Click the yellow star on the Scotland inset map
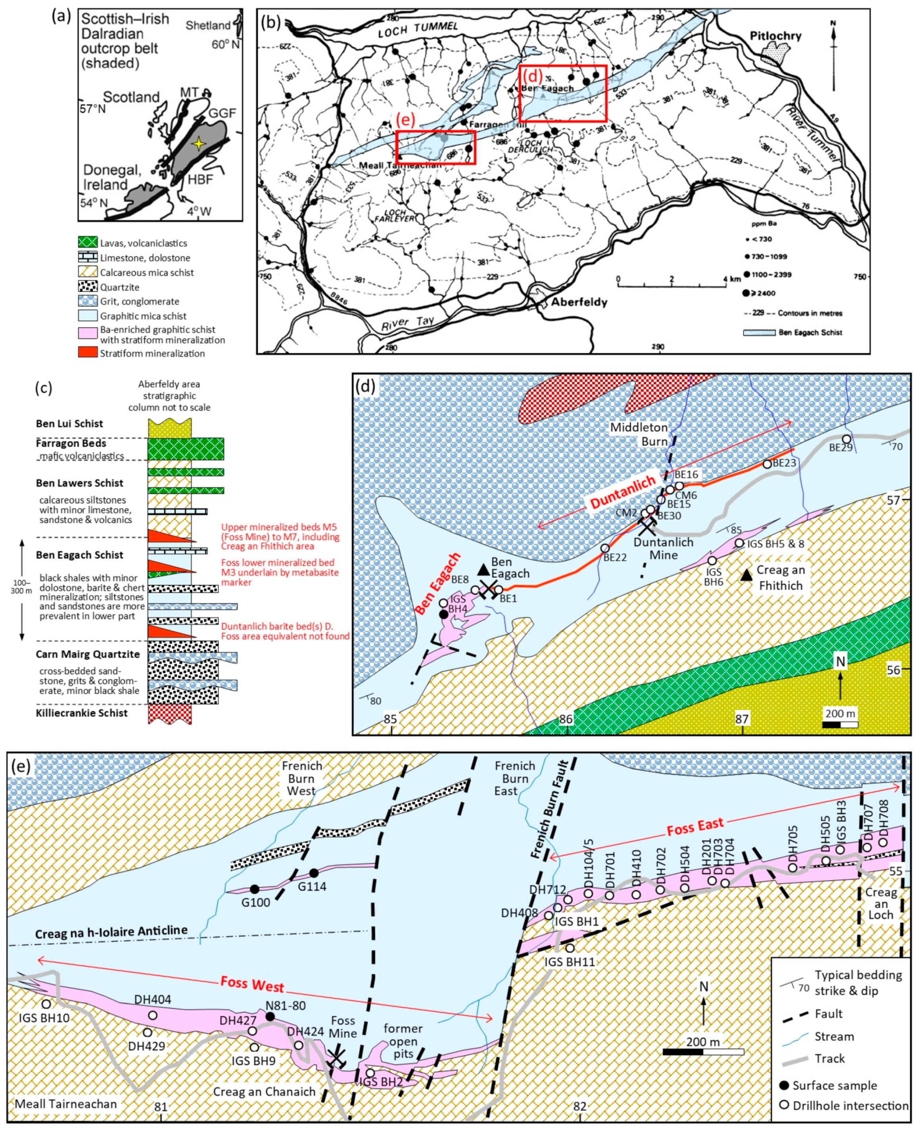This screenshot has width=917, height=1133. pyautogui.click(x=198, y=143)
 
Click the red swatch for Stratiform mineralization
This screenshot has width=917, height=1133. pyautogui.click(x=88, y=353)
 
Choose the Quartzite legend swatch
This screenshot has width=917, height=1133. pyautogui.click(x=88, y=287)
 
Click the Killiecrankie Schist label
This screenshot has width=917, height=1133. pyautogui.click(x=81, y=713)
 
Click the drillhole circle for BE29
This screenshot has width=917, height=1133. pyautogui.click(x=846, y=439)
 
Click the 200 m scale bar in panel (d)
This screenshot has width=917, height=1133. pyautogui.click(x=840, y=724)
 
